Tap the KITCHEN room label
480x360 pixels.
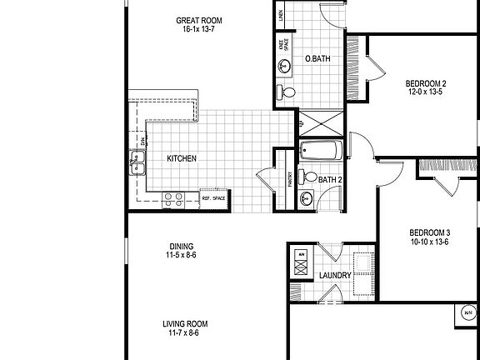tap(182, 158)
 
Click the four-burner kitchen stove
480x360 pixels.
tap(173, 198)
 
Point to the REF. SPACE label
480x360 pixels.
tap(213, 198)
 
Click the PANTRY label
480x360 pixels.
tap(290, 178)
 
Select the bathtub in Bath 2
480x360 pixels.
tap(321, 152)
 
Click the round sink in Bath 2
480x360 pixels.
tap(306, 198)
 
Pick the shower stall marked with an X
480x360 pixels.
tap(321, 122)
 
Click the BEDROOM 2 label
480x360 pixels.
tap(427, 83)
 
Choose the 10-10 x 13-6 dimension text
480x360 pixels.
tap(430, 242)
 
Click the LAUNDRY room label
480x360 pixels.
tap(333, 275)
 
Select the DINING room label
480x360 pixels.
tap(182, 246)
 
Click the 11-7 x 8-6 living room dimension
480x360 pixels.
tap(184, 333)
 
